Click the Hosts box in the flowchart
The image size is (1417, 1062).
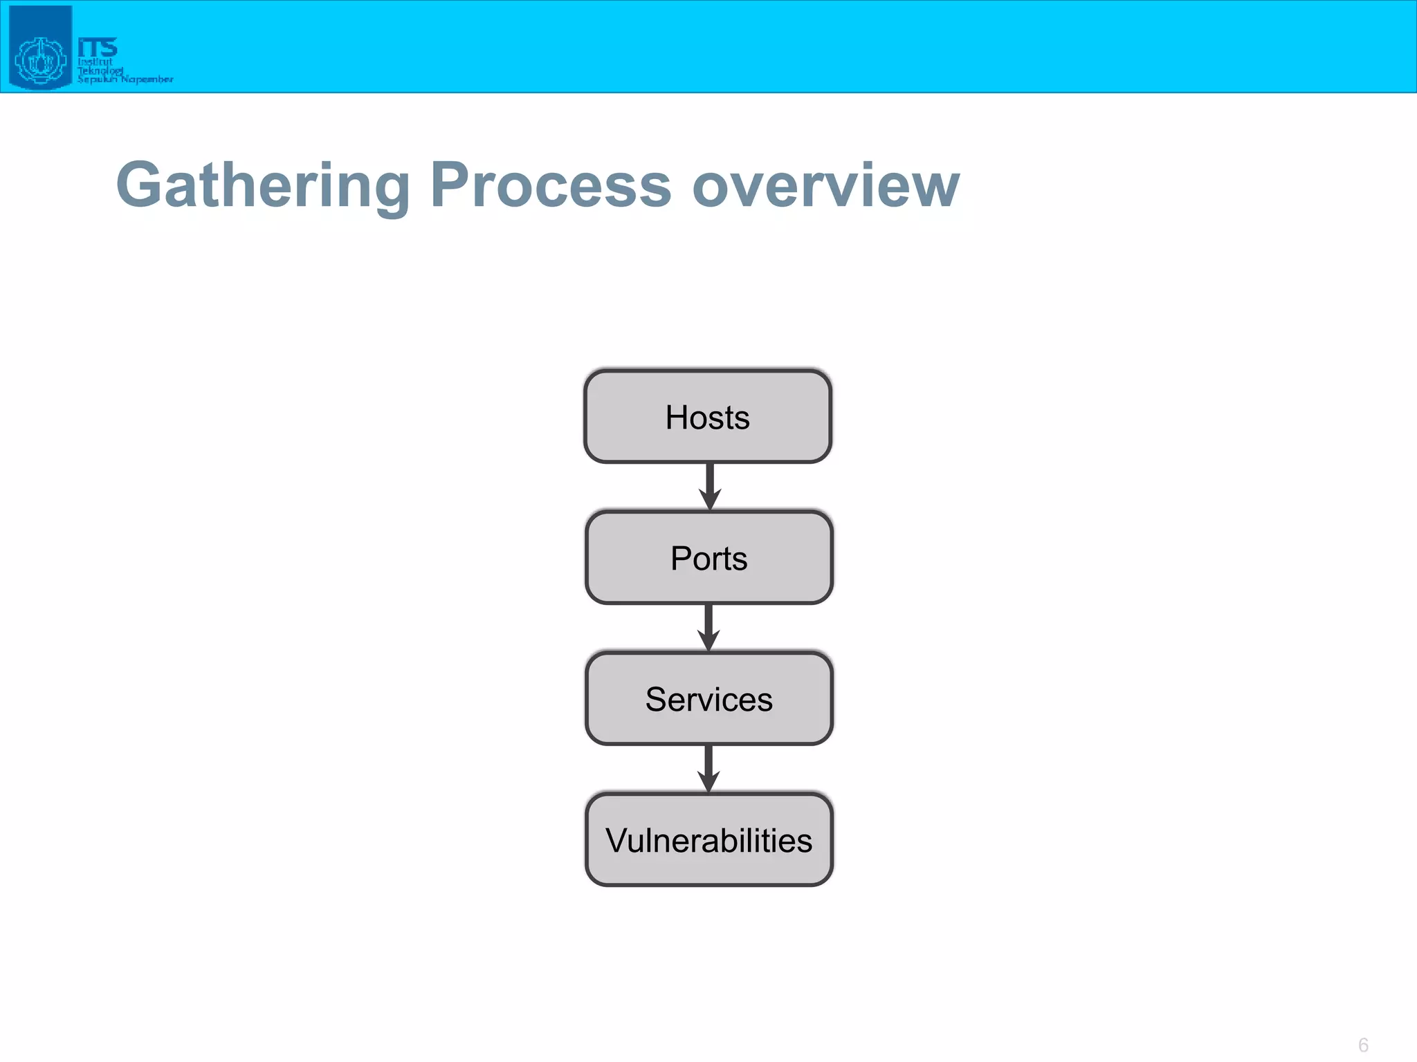[x=707, y=417]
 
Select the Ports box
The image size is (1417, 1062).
[x=708, y=558]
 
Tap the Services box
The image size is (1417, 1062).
[x=708, y=699]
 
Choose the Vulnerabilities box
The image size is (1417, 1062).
[x=708, y=840]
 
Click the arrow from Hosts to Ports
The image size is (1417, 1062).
[x=710, y=486]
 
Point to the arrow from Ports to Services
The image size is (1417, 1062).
[x=708, y=627]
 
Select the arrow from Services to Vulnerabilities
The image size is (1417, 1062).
[x=708, y=768]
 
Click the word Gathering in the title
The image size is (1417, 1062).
[x=264, y=185]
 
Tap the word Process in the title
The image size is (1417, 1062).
[x=551, y=185]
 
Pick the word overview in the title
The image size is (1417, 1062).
[x=825, y=185]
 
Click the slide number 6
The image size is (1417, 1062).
[x=1363, y=1045]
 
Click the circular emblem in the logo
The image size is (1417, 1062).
[x=39, y=61]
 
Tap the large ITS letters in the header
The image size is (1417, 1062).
[x=98, y=47]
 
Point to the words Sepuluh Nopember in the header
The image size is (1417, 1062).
[x=125, y=80]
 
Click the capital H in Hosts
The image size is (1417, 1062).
[x=677, y=417]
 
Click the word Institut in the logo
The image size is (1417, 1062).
[x=95, y=62]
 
